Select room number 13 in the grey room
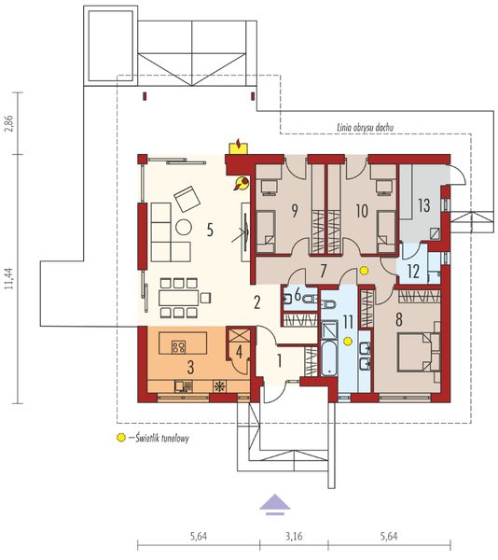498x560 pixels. click(422, 205)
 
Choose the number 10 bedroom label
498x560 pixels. click(361, 211)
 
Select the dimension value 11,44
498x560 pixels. click(9, 279)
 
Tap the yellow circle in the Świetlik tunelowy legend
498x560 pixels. click(119, 438)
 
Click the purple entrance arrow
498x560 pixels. click(274, 505)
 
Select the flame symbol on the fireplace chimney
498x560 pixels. click(241, 144)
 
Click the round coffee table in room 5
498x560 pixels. click(185, 226)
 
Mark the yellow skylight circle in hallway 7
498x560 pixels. click(365, 272)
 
